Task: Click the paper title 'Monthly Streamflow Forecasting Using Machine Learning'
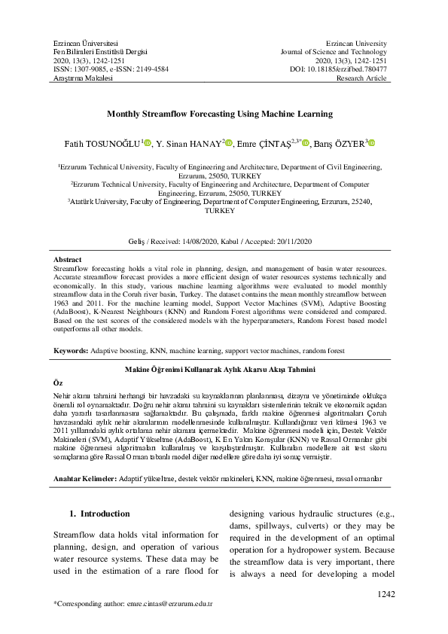[x=224, y=115]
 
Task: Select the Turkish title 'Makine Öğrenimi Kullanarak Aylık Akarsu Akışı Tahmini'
[x=224, y=370]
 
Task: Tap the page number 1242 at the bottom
[x=386, y=595]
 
